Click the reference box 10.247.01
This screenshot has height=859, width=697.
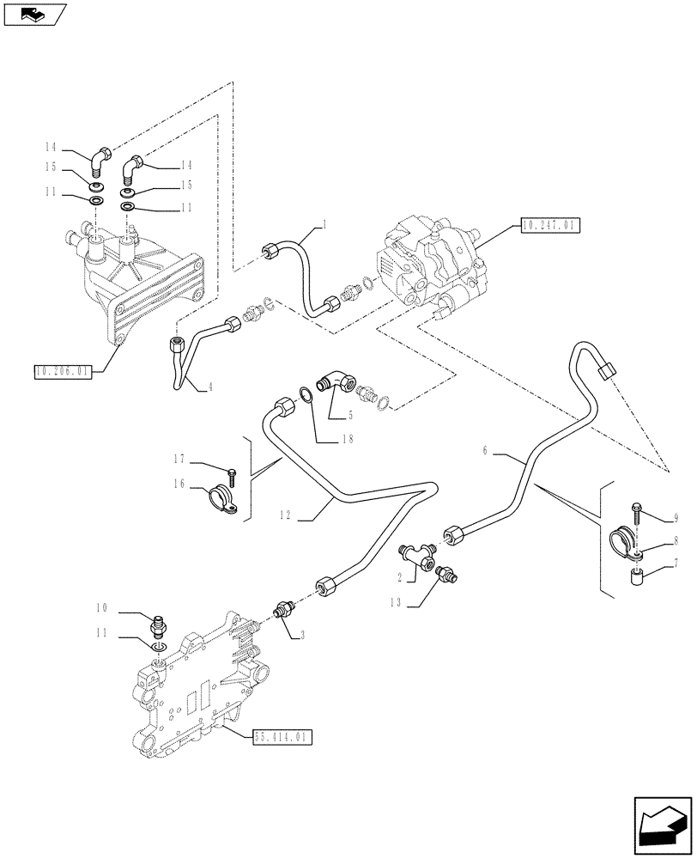click(550, 226)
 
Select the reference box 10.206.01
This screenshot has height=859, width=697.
click(64, 371)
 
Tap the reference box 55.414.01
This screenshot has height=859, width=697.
click(283, 736)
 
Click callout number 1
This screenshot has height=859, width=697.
click(325, 224)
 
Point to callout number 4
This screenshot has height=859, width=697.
click(209, 387)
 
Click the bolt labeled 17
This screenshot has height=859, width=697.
click(231, 472)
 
